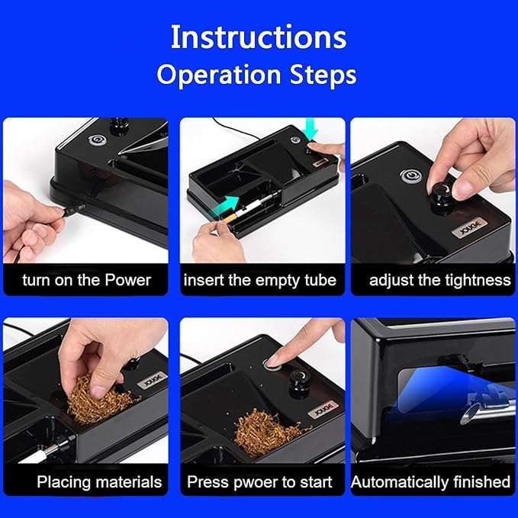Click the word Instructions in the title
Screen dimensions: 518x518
point(258,37)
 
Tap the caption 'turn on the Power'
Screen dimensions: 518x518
point(86,280)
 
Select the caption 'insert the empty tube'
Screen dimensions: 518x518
point(259,280)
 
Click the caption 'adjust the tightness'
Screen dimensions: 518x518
point(439,280)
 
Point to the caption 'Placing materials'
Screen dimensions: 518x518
point(99,481)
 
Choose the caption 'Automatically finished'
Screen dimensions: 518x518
point(430,481)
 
